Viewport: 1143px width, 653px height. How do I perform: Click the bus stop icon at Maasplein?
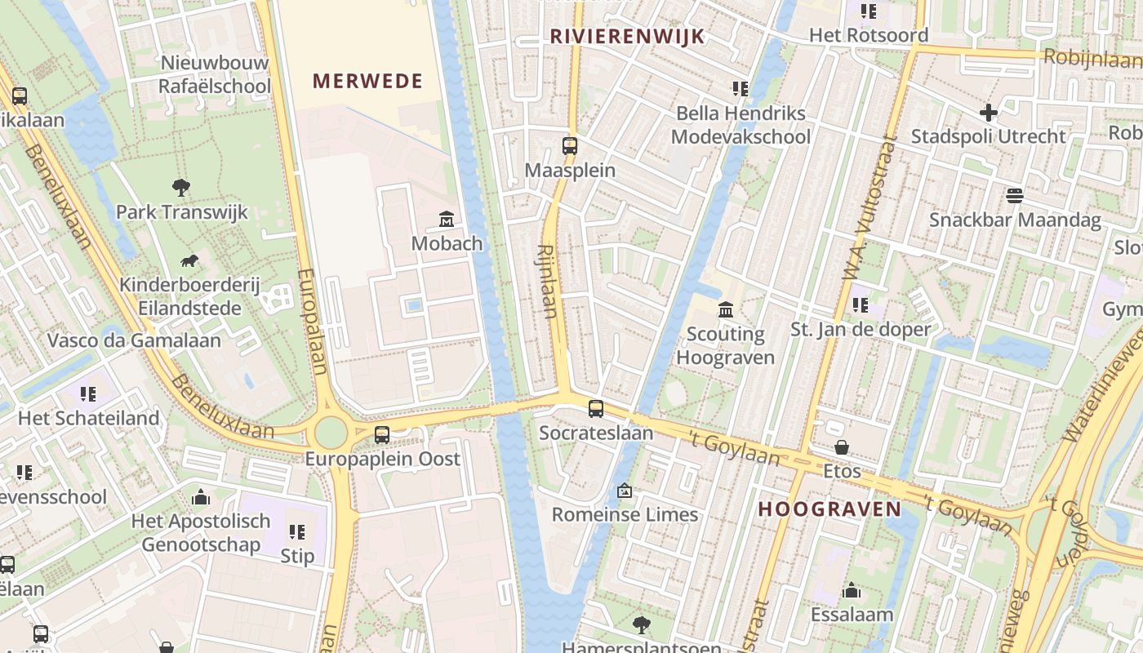(570, 146)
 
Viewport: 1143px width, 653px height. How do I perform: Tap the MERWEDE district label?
(367, 81)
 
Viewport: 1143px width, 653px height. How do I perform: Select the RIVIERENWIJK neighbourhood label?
(627, 36)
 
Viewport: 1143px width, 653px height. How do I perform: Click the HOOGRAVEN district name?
(829, 509)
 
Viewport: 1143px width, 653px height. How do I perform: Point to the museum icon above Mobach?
(447, 219)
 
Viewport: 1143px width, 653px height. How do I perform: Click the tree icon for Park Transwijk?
(181, 188)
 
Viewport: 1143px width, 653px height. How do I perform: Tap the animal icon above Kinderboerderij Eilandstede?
(189, 260)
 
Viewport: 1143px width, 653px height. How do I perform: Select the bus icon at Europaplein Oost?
(382, 434)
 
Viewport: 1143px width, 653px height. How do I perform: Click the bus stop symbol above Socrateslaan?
(596, 409)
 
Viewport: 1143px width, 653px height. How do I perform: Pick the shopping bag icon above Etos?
(842, 447)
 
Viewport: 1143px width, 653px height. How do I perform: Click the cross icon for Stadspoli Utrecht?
(989, 112)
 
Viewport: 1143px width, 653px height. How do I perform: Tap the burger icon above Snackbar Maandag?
(1015, 195)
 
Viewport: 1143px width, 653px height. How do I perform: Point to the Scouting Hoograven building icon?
(725, 309)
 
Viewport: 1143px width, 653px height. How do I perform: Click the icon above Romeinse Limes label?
(625, 491)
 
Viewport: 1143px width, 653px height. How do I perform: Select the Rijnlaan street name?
(548, 282)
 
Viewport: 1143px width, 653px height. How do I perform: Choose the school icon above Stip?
(297, 532)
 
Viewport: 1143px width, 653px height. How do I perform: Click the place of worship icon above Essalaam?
(852, 590)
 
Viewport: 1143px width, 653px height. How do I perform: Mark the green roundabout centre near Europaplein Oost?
(331, 433)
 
